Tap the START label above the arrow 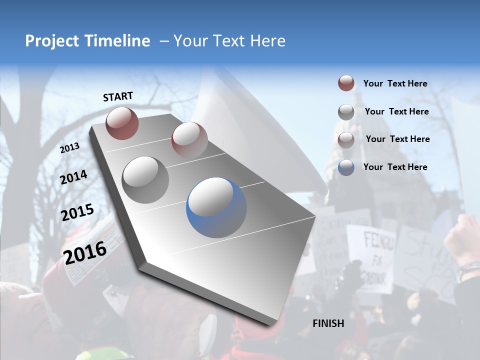click(x=118, y=96)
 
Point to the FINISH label click(x=328, y=323)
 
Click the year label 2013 click(x=70, y=148)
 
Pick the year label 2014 click(x=74, y=177)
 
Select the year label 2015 click(x=77, y=212)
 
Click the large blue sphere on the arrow click(x=216, y=207)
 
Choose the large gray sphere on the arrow click(x=145, y=179)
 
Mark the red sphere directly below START click(x=122, y=123)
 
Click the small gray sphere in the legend click(x=346, y=112)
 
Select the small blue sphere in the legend click(x=346, y=167)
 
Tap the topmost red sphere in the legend click(x=346, y=83)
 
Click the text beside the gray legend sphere click(x=396, y=111)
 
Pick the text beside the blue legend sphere click(x=395, y=167)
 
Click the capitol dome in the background click(x=350, y=150)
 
